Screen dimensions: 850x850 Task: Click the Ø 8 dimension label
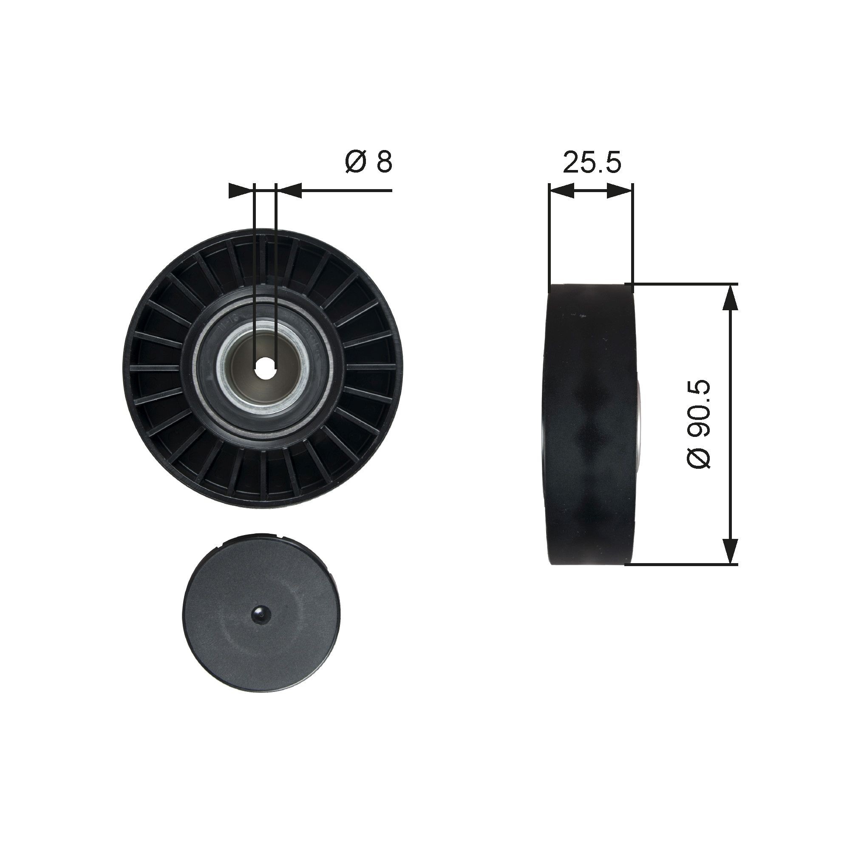click(368, 162)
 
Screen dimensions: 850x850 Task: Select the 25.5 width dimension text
click(592, 162)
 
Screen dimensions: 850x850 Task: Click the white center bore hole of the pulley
click(265, 366)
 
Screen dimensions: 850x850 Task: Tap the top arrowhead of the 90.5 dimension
click(730, 298)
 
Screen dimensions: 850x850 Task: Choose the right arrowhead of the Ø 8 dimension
click(289, 190)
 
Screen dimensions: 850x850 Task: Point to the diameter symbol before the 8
click(355, 162)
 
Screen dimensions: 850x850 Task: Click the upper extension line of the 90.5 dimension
click(686, 284)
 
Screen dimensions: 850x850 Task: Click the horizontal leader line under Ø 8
click(348, 190)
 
